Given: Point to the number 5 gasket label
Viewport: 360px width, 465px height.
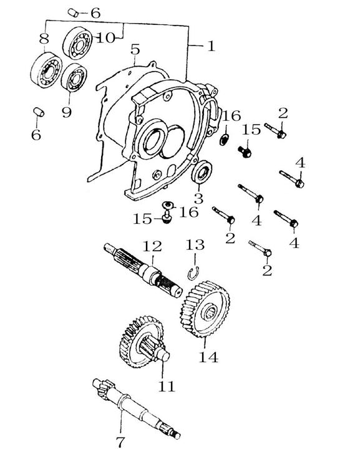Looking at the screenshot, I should point(135,49).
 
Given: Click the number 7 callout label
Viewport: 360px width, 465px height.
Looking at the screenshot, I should point(120,443).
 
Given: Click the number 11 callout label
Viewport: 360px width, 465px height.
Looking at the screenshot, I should point(167,386).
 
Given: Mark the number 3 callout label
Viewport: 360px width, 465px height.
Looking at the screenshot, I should point(198,199).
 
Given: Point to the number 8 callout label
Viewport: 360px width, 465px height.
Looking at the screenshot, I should point(42,39).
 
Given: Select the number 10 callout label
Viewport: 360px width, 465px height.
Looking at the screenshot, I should point(105,37).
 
